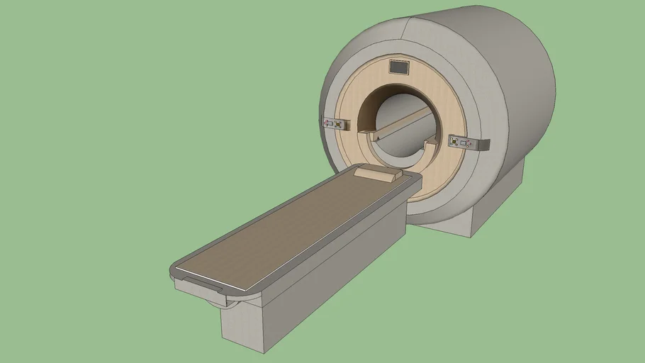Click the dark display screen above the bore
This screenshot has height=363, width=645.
(399, 67)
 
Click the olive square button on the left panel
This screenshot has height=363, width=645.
(339, 124)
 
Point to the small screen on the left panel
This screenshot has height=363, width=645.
(329, 123)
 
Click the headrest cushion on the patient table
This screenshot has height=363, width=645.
(378, 173)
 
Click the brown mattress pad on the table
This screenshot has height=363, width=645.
(298, 227)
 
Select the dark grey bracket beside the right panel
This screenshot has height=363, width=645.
(483, 145)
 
